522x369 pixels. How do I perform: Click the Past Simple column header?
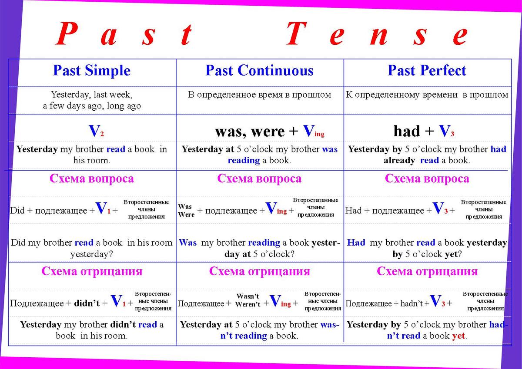tap(92, 70)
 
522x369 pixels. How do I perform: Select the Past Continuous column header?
tap(259, 70)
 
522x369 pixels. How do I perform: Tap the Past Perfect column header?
tap(427, 70)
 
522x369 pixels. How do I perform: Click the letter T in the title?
tap(296, 33)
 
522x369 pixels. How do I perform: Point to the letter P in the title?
tap(67, 33)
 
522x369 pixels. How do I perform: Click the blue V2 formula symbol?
tap(96, 131)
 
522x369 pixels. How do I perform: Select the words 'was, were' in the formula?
tap(250, 132)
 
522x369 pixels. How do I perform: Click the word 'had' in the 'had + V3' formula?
tap(407, 131)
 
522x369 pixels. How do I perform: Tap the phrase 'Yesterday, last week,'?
tap(92, 95)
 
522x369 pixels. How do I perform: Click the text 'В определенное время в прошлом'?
tap(260, 95)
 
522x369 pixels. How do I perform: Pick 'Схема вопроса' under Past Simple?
tap(92, 179)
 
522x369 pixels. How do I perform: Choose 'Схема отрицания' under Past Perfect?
tap(427, 271)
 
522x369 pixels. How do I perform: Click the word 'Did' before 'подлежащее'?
tap(17, 211)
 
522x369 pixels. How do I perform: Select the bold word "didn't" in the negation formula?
tap(87, 303)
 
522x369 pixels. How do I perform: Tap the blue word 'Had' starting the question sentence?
tap(356, 243)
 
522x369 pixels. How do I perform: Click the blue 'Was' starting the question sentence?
tap(187, 243)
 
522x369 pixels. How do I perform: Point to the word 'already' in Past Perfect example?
tap(399, 161)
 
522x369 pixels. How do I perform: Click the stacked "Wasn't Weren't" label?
tap(248, 300)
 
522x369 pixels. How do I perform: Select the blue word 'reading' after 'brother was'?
tap(244, 161)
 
